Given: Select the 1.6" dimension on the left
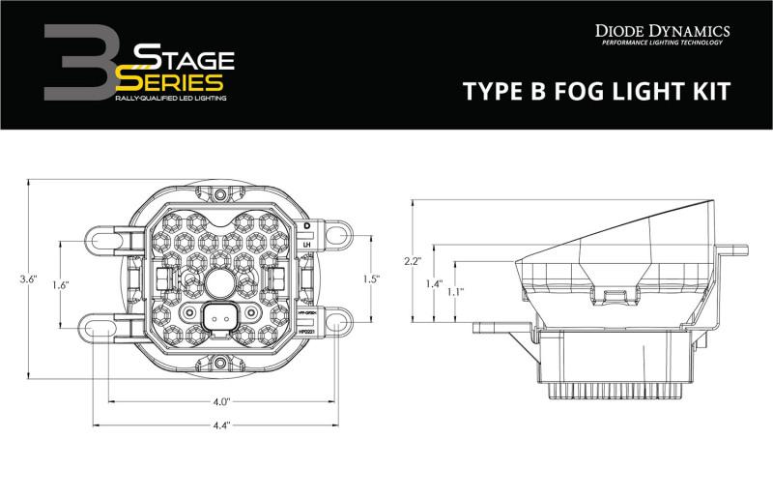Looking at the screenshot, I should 59,285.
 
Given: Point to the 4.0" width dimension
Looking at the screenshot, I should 221,400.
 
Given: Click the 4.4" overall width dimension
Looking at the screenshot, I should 221,425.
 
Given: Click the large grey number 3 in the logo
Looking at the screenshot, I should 78,63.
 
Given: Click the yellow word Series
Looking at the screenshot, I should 174,82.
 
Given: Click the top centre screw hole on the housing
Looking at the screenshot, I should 220,194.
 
